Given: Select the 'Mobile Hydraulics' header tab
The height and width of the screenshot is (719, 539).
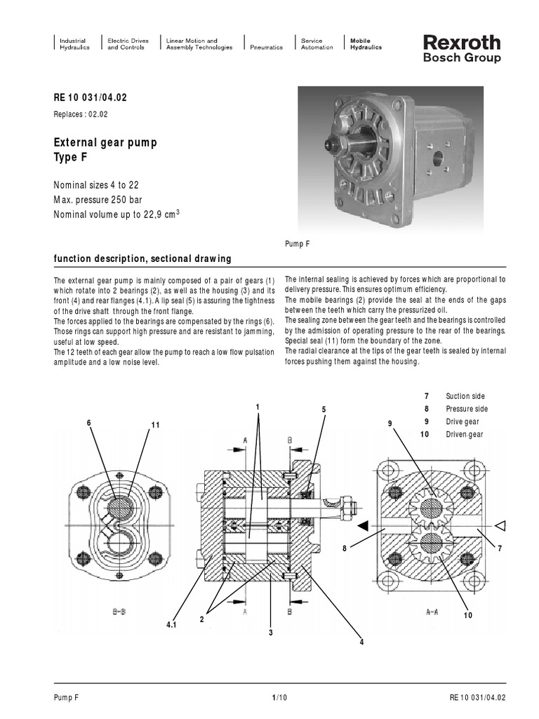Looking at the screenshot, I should pos(361,44).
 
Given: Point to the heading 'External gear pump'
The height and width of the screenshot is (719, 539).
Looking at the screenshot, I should pos(106,143).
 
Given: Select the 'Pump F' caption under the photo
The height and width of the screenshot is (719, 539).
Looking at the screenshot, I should pos(298,243).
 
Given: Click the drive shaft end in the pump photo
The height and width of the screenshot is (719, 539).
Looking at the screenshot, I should pos(329,145).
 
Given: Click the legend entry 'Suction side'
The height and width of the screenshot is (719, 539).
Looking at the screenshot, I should pos(465,397).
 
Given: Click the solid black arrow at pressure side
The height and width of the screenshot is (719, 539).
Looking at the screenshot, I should pos(362,525).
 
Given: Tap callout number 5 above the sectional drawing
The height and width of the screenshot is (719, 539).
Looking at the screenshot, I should pos(324,409).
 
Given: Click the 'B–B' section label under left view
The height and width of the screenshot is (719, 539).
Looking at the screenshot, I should pos(119,612).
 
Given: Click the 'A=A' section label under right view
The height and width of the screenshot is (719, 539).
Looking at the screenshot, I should pos(432,612).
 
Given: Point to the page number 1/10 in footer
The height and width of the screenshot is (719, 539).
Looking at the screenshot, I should pos(279,697).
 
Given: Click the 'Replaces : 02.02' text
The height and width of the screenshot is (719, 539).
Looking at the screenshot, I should pos(81,113).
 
